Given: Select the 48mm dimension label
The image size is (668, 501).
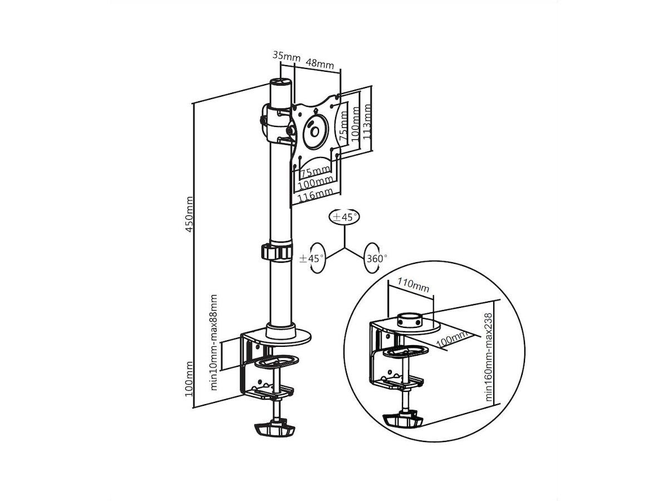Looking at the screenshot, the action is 320,63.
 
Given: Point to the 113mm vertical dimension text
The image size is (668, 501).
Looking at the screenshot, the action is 367,121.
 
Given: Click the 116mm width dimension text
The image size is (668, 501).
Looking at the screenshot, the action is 315,195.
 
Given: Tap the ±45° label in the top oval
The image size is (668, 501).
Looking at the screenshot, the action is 345,217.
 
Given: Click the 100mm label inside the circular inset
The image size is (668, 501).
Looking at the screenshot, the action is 452,340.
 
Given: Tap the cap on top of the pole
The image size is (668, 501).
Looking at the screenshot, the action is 281,82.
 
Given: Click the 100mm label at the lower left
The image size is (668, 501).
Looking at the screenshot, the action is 189,379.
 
